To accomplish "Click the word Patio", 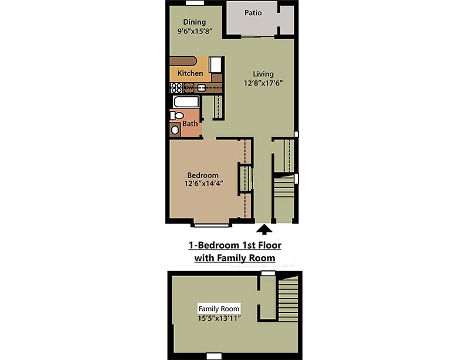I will (x=253, y=12).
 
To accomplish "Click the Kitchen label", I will (x=190, y=73).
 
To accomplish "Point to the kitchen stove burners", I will (x=176, y=88).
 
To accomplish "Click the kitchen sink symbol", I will (x=202, y=88).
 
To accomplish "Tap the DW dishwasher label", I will (x=189, y=88).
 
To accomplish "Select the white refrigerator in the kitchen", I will (x=216, y=63).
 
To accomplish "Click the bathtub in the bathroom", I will (x=185, y=103).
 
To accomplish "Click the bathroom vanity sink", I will (x=175, y=130).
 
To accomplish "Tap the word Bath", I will (x=190, y=124).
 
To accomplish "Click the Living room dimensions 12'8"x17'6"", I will (x=263, y=83).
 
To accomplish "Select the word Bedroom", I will (x=202, y=175).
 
